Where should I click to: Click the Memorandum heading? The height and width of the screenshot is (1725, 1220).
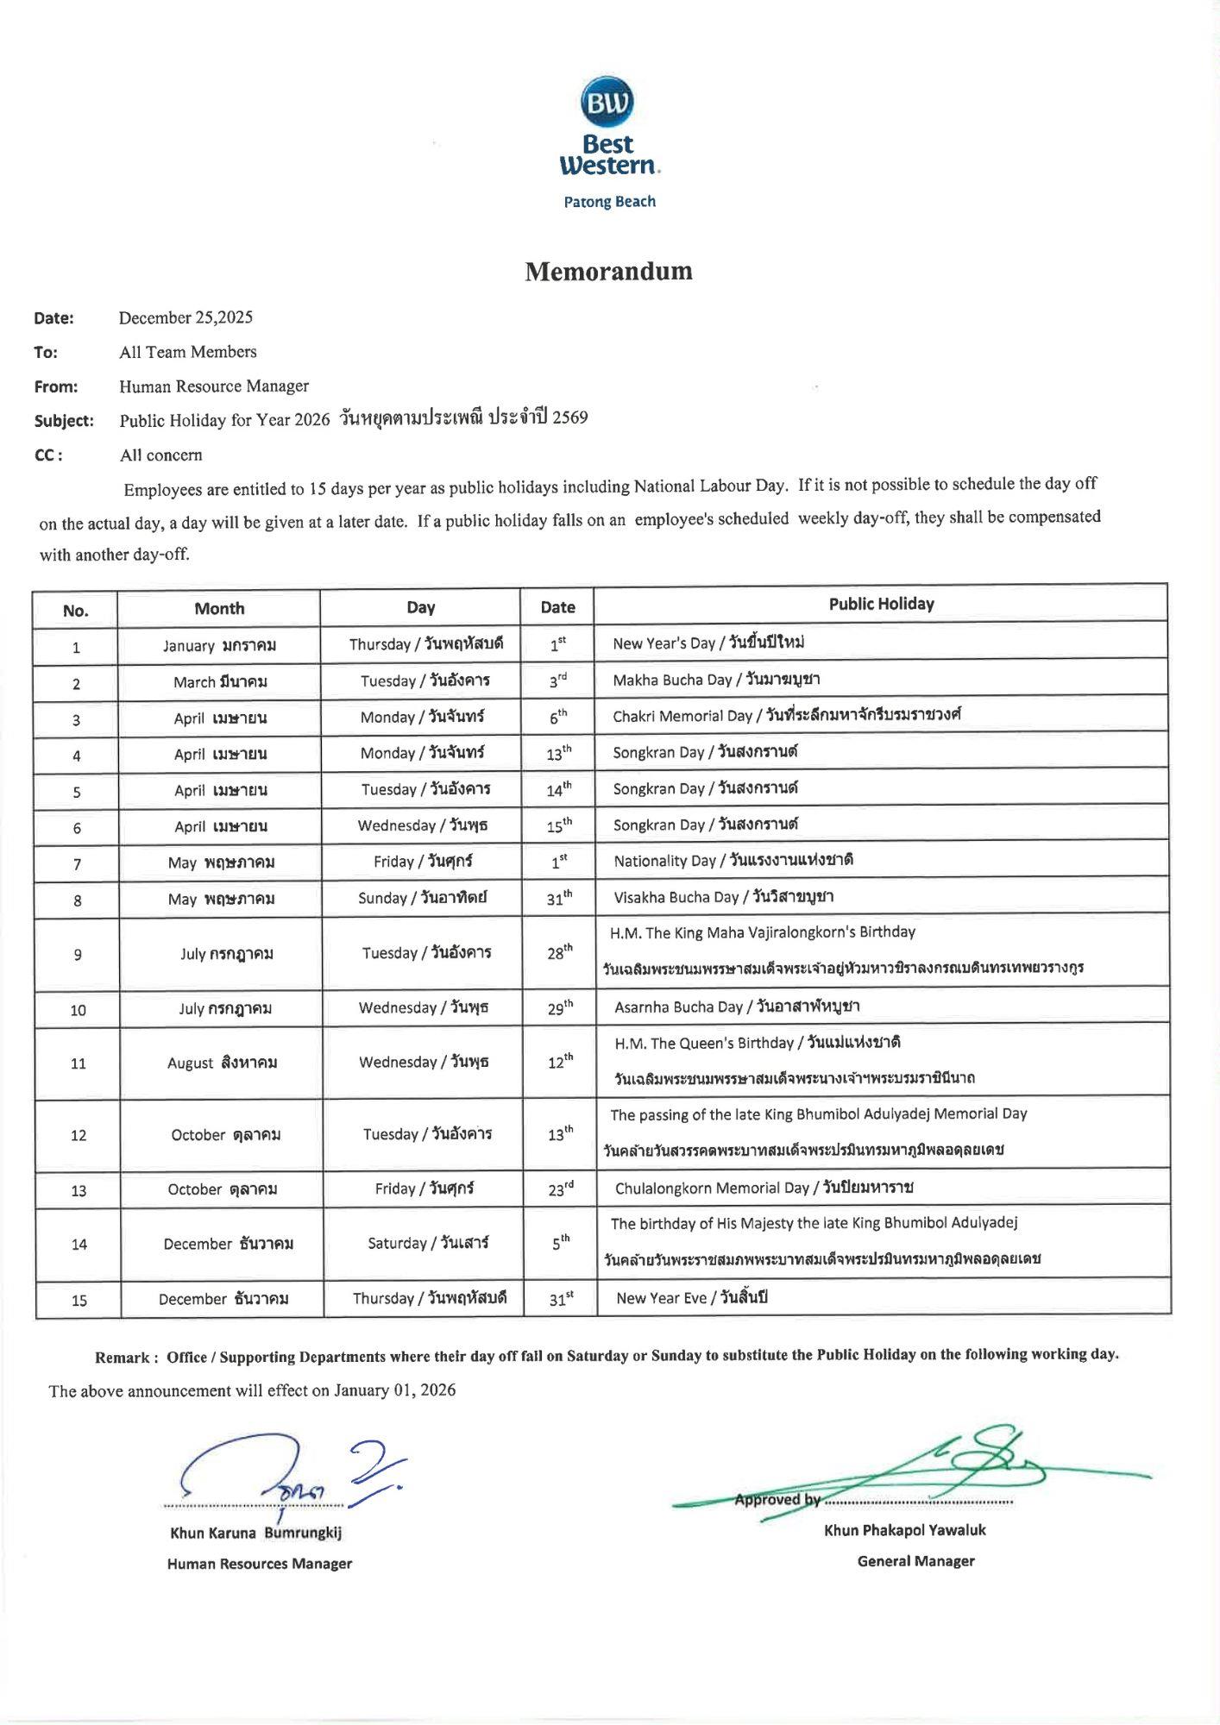tap(609, 272)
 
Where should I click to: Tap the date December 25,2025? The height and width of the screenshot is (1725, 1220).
tap(186, 317)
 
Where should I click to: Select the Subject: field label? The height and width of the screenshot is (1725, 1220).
tap(64, 421)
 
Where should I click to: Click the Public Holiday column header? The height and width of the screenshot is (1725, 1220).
tap(881, 605)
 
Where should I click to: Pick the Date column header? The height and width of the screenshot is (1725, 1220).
tap(557, 607)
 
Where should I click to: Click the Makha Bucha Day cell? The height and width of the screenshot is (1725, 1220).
tap(716, 680)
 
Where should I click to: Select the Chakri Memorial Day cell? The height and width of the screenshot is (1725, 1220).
tap(786, 716)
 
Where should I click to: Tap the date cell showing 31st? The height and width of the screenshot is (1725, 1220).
tap(562, 1299)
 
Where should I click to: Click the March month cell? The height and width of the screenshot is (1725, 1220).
tap(220, 682)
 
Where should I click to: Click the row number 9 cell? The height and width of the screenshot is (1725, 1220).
tap(78, 955)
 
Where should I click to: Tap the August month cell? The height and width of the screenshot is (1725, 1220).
tap(222, 1063)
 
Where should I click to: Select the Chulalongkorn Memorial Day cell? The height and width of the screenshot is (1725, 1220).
tap(764, 1189)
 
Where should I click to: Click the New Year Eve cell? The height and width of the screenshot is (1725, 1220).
tap(691, 1298)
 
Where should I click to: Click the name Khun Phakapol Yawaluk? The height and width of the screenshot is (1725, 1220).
tap(904, 1530)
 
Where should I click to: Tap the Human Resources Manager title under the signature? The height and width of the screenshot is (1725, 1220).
tap(260, 1564)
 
